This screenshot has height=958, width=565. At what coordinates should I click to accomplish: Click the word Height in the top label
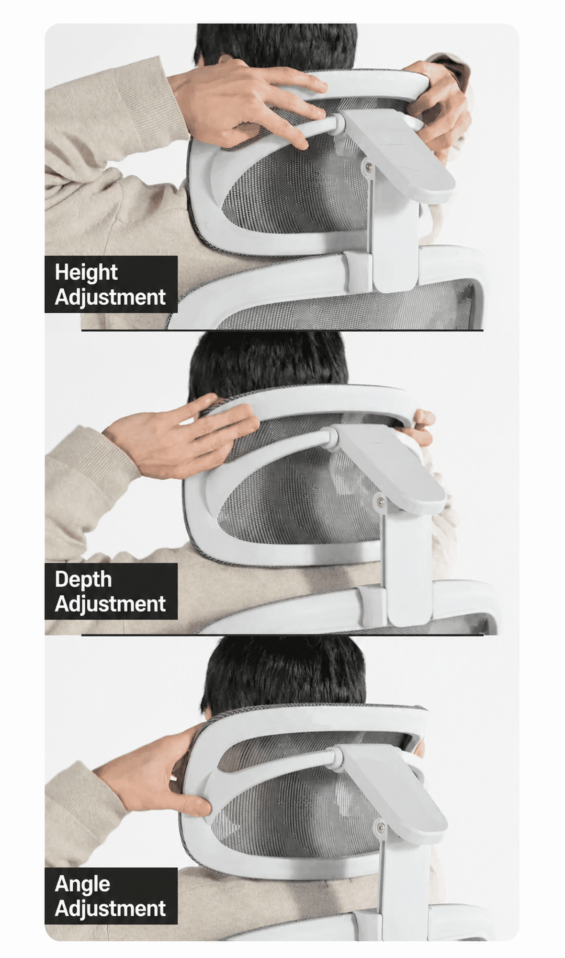[x=86, y=273]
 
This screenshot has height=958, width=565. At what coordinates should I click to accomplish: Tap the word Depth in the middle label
[x=84, y=579]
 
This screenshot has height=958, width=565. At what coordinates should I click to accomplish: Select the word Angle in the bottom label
[x=83, y=884]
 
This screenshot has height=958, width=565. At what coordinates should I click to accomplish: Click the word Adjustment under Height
[x=110, y=297]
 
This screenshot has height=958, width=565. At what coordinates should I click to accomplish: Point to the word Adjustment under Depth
[x=110, y=604]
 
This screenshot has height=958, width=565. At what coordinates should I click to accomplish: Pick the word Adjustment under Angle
[x=110, y=908]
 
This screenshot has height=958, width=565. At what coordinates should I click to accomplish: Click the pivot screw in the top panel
[x=369, y=167]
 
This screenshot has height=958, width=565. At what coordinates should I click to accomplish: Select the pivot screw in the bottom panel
[x=380, y=827]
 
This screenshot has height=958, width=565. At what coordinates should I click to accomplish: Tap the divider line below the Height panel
[x=282, y=330]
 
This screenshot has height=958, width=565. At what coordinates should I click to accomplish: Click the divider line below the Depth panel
[x=282, y=636]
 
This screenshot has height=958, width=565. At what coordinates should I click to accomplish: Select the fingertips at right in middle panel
[x=424, y=426]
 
